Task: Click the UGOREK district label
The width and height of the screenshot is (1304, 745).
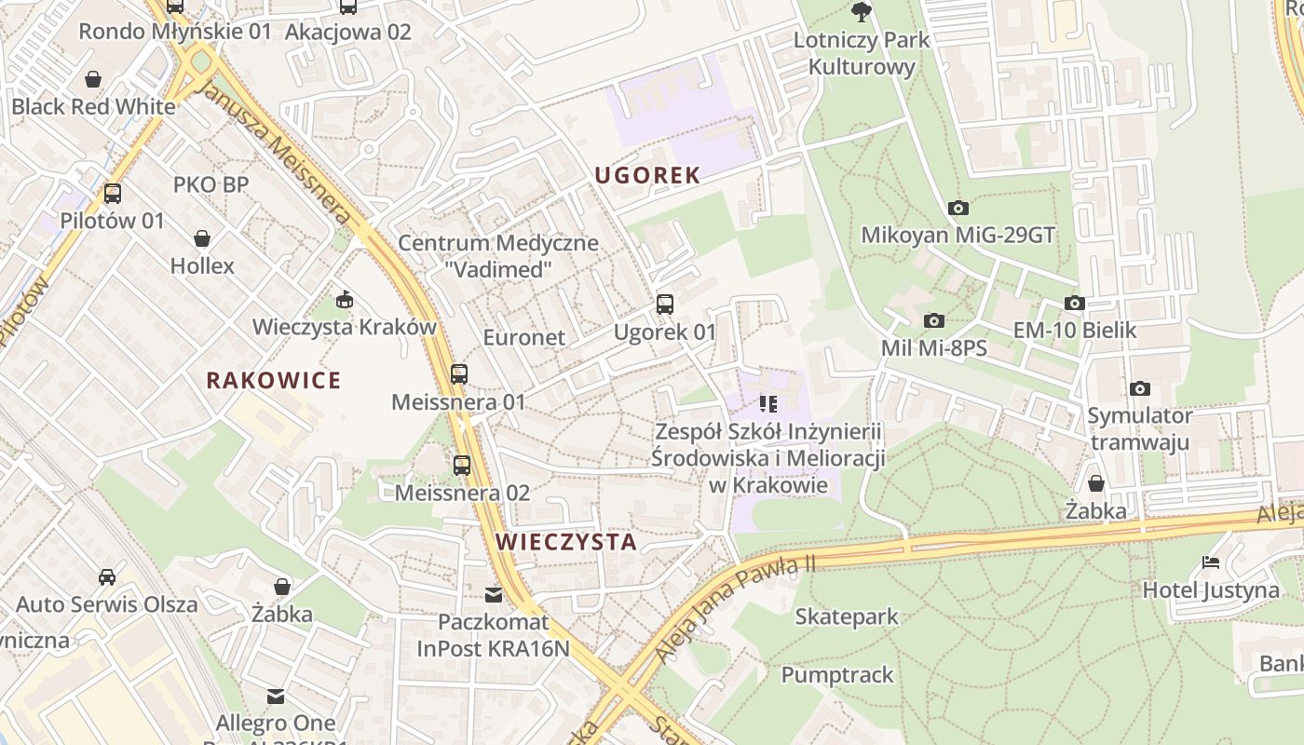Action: coord(647,175)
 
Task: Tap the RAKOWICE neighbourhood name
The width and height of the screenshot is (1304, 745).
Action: coord(274,380)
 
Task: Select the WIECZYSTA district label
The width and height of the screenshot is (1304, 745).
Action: coord(566,542)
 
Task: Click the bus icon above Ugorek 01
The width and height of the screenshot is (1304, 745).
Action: coord(665,304)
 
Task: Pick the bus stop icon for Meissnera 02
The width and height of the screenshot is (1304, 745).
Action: coord(462,465)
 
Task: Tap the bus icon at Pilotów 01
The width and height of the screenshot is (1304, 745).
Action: coord(113,194)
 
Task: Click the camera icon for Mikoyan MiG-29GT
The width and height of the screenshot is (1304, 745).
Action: coord(958,208)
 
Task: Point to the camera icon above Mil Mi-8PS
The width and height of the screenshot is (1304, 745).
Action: coord(933,320)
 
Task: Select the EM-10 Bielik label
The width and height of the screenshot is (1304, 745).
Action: coord(1075,331)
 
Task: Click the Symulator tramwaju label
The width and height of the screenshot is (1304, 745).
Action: coord(1140,428)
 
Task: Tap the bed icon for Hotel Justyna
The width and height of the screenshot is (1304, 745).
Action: coord(1211,562)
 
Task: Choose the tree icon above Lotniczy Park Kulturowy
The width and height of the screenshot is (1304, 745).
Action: coord(862,12)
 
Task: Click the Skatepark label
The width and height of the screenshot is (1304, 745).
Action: coord(847,616)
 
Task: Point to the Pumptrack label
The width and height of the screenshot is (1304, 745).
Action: coord(837,674)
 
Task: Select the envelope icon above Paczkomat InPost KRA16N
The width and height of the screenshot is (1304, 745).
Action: coord(494,594)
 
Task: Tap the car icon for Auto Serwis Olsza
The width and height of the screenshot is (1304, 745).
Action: coord(107,576)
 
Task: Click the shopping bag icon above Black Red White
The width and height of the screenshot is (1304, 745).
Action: coord(92,78)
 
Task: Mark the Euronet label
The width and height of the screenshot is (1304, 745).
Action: coord(524,337)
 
